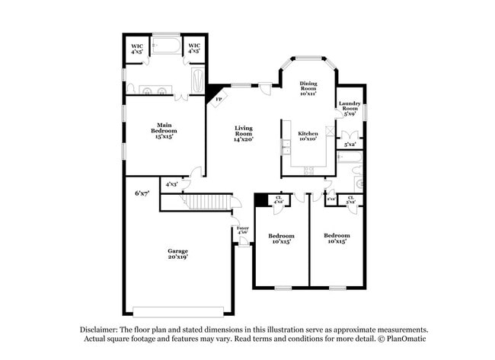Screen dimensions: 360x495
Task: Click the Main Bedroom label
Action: click(163, 130)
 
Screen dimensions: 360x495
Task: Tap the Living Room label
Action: click(243, 133)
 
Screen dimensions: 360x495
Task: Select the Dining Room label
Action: click(308, 88)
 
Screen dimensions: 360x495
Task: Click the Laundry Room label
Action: click(350, 107)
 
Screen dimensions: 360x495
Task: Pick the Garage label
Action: click(177, 253)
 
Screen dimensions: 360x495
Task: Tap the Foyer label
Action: click(242, 228)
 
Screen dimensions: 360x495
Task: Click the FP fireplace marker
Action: click(218, 100)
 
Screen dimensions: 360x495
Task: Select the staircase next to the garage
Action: click(203, 202)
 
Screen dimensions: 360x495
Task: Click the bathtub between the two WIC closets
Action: click(166, 47)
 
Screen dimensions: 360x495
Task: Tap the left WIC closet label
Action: click(137, 48)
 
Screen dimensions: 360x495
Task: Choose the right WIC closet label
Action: click(194, 48)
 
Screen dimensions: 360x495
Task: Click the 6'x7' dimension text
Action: click(142, 193)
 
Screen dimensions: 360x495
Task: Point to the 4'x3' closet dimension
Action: click(173, 183)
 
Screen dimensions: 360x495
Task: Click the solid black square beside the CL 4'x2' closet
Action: click(260, 199)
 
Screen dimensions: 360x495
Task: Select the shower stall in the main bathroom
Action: click(197, 81)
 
